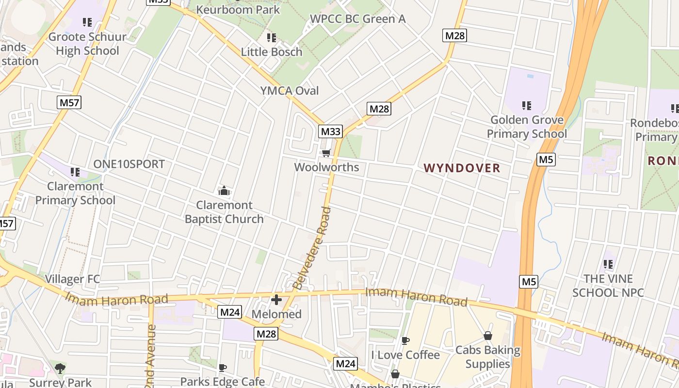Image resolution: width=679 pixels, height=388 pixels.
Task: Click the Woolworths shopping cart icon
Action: (326, 153)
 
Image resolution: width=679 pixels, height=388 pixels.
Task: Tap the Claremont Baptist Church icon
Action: (224, 191)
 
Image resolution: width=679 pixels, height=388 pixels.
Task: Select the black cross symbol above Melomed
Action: (276, 300)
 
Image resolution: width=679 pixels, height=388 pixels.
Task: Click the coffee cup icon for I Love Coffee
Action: (405, 341)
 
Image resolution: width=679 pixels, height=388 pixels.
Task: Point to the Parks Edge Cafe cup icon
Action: (223, 368)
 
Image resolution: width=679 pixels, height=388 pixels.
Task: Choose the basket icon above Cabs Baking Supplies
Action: (488, 336)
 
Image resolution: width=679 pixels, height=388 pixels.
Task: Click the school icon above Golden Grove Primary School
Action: (526, 105)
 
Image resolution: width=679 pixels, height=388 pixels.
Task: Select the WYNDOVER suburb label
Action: (462, 168)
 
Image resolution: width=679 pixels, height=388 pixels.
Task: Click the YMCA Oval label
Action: (290, 91)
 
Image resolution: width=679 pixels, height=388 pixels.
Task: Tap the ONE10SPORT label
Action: (129, 164)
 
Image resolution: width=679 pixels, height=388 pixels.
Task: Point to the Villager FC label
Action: (72, 279)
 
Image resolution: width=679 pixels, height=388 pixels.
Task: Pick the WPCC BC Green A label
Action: (357, 19)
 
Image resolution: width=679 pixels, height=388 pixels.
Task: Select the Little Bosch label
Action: (272, 52)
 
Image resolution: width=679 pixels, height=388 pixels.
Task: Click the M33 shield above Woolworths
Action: (330, 131)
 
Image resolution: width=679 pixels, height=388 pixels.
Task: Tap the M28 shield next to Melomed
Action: (266, 334)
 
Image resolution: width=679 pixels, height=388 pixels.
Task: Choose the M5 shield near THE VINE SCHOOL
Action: (528, 281)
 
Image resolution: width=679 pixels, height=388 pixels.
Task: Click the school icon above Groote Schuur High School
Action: (87, 22)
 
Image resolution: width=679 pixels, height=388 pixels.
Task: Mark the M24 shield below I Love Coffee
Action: (346, 363)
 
